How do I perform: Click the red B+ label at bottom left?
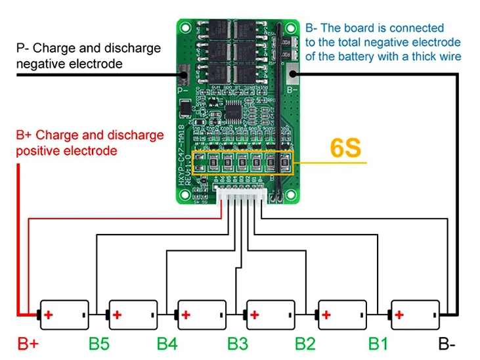(28, 343)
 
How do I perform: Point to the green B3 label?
(238, 343)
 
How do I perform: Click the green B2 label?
(306, 343)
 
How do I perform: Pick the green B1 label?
(379, 343)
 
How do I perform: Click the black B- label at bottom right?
(448, 343)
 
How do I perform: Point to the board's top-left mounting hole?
(186, 28)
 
